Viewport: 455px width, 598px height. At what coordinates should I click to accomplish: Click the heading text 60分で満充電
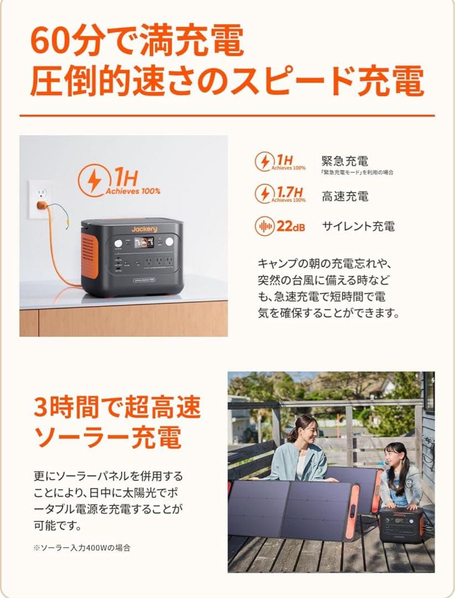[x=137, y=40]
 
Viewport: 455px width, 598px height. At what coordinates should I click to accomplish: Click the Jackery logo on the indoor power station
[x=144, y=229]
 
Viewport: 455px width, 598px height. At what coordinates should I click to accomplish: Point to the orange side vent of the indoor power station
[x=87, y=255]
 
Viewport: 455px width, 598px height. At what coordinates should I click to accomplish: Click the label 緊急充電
[x=345, y=161]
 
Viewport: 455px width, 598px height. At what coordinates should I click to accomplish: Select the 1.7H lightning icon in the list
[x=264, y=194]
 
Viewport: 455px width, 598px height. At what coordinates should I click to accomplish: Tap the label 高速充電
[x=345, y=196]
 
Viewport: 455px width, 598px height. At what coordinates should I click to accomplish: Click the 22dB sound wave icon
[x=264, y=226]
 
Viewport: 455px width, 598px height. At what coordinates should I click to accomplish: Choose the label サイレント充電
[x=358, y=226]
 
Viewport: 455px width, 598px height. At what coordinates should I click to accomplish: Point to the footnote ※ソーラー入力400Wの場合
[x=81, y=548]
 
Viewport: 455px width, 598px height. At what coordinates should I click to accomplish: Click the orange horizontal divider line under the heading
[x=227, y=115]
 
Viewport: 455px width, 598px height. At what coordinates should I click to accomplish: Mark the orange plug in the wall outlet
[x=42, y=207]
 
